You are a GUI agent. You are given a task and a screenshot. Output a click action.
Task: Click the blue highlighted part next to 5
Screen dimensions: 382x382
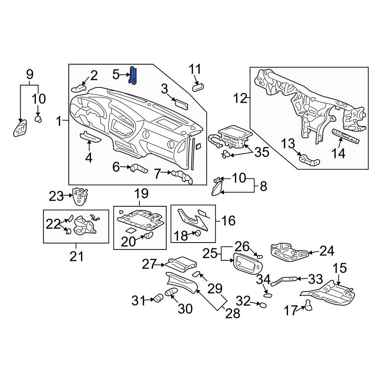134,74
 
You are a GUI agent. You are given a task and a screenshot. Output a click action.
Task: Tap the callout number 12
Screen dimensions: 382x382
241,99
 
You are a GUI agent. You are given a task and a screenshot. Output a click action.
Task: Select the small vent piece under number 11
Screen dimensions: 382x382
198,87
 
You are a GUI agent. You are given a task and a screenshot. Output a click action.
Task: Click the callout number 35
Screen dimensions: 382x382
262,152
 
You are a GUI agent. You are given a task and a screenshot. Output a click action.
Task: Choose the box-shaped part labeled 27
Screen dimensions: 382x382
182,263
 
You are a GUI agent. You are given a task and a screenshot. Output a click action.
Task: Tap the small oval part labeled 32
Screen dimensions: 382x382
262,305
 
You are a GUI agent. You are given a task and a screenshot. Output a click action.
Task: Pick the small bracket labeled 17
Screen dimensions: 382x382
308,305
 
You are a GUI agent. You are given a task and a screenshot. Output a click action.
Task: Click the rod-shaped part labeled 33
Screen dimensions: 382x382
283,281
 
